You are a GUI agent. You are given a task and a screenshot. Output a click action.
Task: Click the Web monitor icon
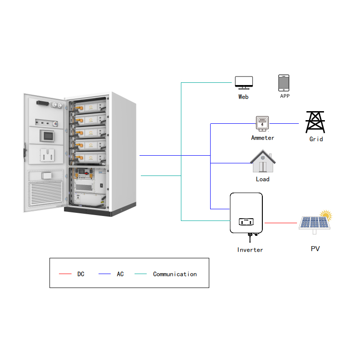(x=243, y=82)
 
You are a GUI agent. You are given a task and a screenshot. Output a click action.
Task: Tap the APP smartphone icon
(x=283, y=83)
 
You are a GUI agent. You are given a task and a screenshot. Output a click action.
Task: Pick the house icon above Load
(x=263, y=162)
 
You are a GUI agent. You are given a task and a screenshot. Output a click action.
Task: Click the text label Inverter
(x=250, y=250)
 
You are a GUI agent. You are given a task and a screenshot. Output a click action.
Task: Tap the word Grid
(x=316, y=139)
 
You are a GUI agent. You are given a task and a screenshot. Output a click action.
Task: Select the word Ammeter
(x=262, y=138)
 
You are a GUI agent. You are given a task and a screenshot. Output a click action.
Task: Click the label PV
(x=315, y=248)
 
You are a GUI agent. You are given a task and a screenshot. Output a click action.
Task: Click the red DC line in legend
(x=65, y=274)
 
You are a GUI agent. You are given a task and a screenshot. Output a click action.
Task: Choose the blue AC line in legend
(x=104, y=274)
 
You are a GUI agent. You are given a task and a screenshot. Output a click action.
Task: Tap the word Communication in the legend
(x=175, y=274)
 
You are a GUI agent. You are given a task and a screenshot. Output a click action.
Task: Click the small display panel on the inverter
(x=246, y=221)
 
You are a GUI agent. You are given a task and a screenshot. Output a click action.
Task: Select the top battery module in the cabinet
(x=90, y=108)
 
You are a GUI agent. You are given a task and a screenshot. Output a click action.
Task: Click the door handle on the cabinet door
(x=25, y=152)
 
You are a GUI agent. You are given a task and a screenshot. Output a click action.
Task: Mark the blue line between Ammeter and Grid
(x=284, y=123)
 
